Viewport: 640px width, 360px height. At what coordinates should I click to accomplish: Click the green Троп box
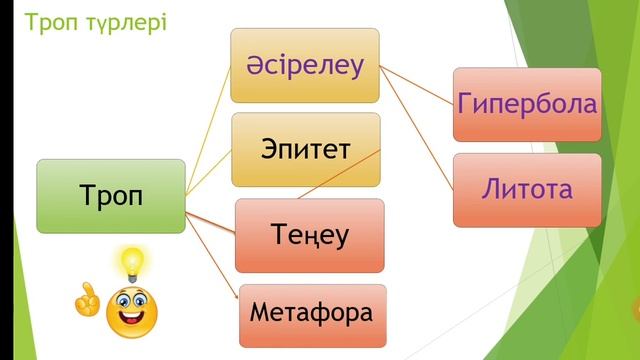(x=110, y=196)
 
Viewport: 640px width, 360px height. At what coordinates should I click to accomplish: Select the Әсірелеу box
(x=304, y=66)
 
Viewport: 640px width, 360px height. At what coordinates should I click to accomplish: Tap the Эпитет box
(x=304, y=150)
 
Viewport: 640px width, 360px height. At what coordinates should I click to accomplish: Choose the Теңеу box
(x=309, y=236)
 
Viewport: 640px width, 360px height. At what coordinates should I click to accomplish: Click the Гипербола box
(x=526, y=104)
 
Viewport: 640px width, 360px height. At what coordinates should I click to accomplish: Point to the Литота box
(x=526, y=188)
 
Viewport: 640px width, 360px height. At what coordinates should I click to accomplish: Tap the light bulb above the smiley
(x=130, y=263)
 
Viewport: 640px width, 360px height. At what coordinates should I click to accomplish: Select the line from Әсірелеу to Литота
(x=420, y=125)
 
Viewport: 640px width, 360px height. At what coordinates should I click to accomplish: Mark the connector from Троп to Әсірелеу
(x=208, y=131)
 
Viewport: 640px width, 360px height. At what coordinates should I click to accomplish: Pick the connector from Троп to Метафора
(x=212, y=245)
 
